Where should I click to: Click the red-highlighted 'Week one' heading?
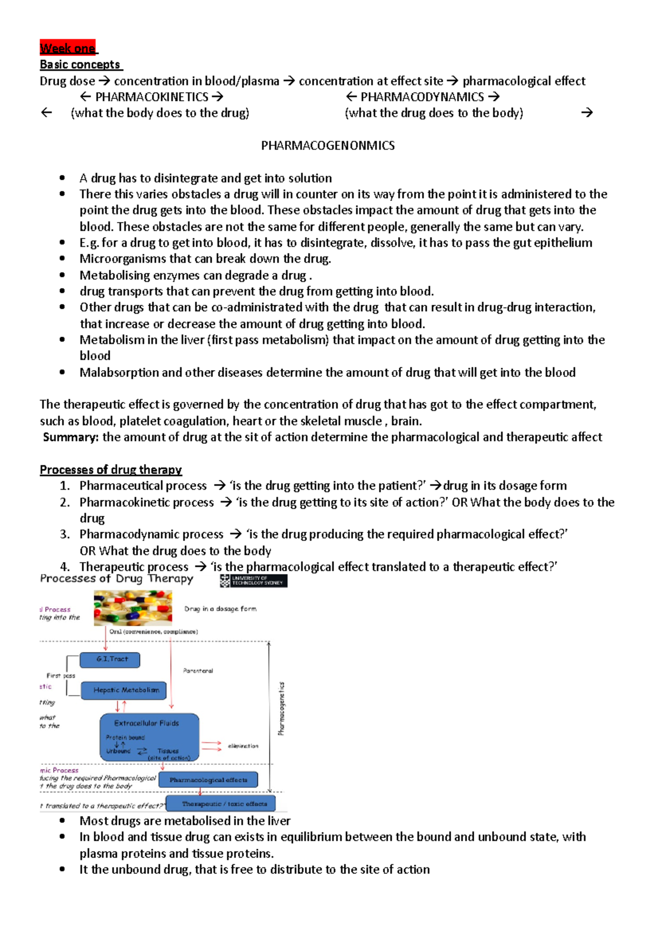click(x=68, y=48)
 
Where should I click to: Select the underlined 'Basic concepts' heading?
click(x=80, y=65)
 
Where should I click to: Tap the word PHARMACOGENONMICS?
click(x=327, y=145)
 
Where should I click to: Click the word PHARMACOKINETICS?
click(x=152, y=97)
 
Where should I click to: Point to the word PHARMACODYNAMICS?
click(x=422, y=97)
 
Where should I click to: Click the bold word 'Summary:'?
click(x=71, y=437)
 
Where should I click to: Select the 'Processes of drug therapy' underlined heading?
click(x=111, y=470)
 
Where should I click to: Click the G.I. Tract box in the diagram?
click(x=110, y=660)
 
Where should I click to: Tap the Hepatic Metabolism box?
click(x=124, y=690)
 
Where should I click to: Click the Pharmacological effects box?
click(x=208, y=780)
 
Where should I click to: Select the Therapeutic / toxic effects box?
click(x=221, y=804)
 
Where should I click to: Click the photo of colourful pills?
click(x=133, y=608)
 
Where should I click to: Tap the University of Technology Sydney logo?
click(x=254, y=581)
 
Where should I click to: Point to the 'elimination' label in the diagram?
click(x=243, y=746)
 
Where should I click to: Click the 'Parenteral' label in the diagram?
click(x=198, y=671)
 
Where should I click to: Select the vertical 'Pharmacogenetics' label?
click(x=281, y=709)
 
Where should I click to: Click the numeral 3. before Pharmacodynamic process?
click(x=65, y=535)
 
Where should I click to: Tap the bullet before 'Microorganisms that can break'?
click(x=63, y=259)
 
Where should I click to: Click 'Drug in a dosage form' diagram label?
click(x=220, y=609)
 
